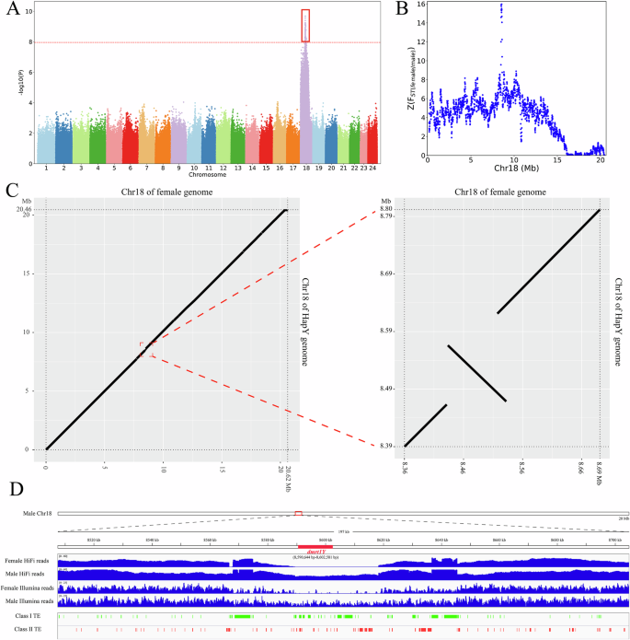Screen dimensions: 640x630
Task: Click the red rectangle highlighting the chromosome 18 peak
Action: click(305, 25)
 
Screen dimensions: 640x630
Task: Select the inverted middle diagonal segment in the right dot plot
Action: click(476, 373)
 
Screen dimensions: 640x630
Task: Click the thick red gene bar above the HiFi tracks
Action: click(315, 545)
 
